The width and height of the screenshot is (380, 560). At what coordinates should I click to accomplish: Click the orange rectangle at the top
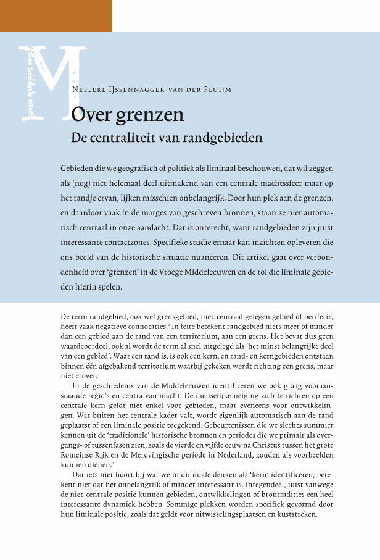coord(56,15)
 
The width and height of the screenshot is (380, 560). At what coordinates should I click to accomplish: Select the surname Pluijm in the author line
coord(217,90)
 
